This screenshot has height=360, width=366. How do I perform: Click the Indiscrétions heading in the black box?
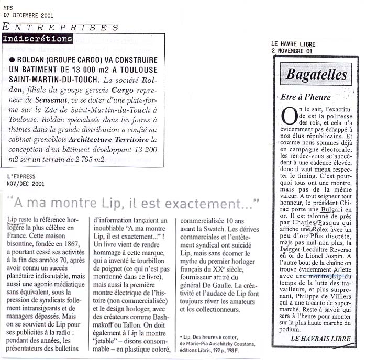(37, 39)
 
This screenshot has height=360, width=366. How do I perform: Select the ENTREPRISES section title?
(61, 27)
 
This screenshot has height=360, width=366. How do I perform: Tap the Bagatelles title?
(316, 75)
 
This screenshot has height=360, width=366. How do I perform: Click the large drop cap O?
(289, 116)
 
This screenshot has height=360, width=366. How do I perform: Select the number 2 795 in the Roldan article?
(132, 159)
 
